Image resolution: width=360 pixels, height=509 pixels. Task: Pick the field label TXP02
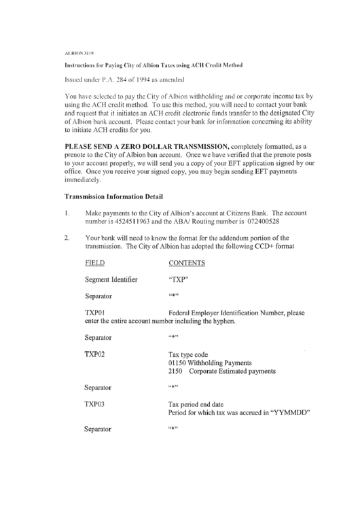95,355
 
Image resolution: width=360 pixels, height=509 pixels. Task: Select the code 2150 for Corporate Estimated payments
176,372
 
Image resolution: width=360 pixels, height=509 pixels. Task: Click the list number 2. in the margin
67,238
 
